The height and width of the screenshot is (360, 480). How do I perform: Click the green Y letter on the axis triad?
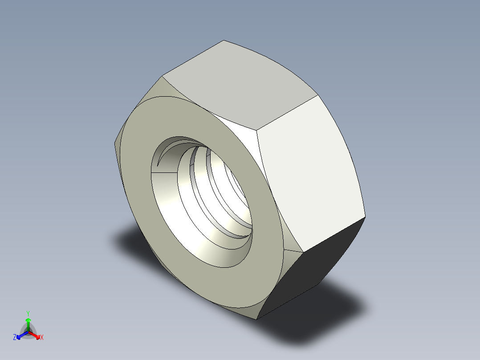coord(28,313)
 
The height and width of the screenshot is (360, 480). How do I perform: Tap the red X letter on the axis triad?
coord(41,338)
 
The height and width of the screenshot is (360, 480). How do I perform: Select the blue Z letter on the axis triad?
coord(15,338)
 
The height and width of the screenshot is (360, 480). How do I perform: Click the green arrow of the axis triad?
coord(28,322)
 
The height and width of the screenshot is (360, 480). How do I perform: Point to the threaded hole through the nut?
coord(209,196)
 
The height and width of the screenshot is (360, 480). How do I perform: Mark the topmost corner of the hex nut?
coord(224,41)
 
